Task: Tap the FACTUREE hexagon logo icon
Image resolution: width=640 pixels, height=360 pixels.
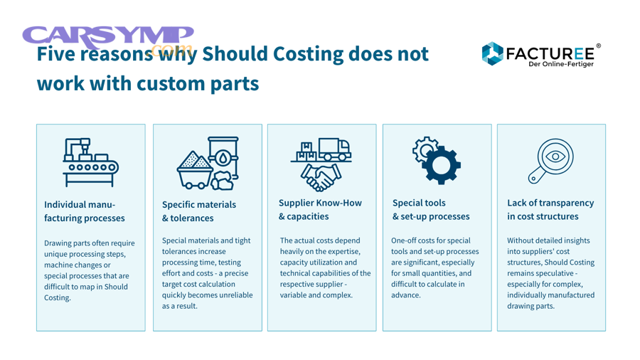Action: coord(492,53)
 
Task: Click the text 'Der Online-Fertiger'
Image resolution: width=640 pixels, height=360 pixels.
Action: coord(560,64)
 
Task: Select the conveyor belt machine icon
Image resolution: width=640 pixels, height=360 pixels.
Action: coord(90,162)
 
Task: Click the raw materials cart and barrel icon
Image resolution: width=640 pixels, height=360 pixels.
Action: coord(207,164)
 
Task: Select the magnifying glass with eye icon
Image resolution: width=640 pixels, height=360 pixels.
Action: coord(551,161)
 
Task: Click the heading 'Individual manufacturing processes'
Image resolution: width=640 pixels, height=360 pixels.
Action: coord(84,211)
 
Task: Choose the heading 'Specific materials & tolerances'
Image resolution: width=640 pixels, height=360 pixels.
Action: coord(198,211)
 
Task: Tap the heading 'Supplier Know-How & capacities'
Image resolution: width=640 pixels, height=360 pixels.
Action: coord(319,209)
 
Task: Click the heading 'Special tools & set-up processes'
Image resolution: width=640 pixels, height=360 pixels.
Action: coord(431,209)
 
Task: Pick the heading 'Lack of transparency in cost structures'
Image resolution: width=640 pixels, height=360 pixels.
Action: coord(550,209)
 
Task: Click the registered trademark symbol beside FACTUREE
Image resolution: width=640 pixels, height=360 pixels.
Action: coord(598,46)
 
